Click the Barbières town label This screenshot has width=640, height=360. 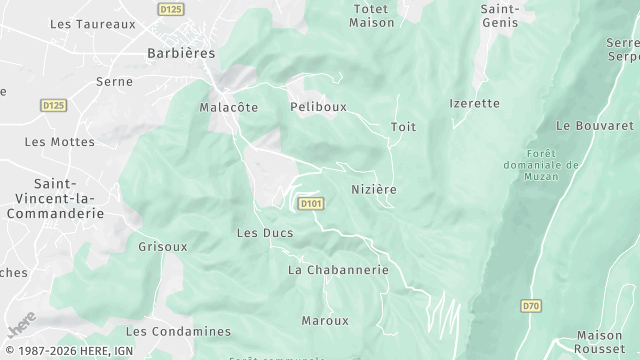[181, 53]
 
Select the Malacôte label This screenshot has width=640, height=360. [229, 107]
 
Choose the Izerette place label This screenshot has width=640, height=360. [474, 103]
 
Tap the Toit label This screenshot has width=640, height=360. [403, 127]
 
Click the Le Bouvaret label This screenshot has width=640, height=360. [595, 126]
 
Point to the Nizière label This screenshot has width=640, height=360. [374, 189]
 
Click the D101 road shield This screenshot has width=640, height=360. [311, 204]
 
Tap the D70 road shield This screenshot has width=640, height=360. [530, 305]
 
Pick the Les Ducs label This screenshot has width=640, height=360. [264, 233]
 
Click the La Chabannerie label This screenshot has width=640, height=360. [338, 270]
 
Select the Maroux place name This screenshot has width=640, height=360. [325, 321]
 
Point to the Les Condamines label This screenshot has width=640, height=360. [178, 331]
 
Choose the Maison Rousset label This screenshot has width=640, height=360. [600, 342]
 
